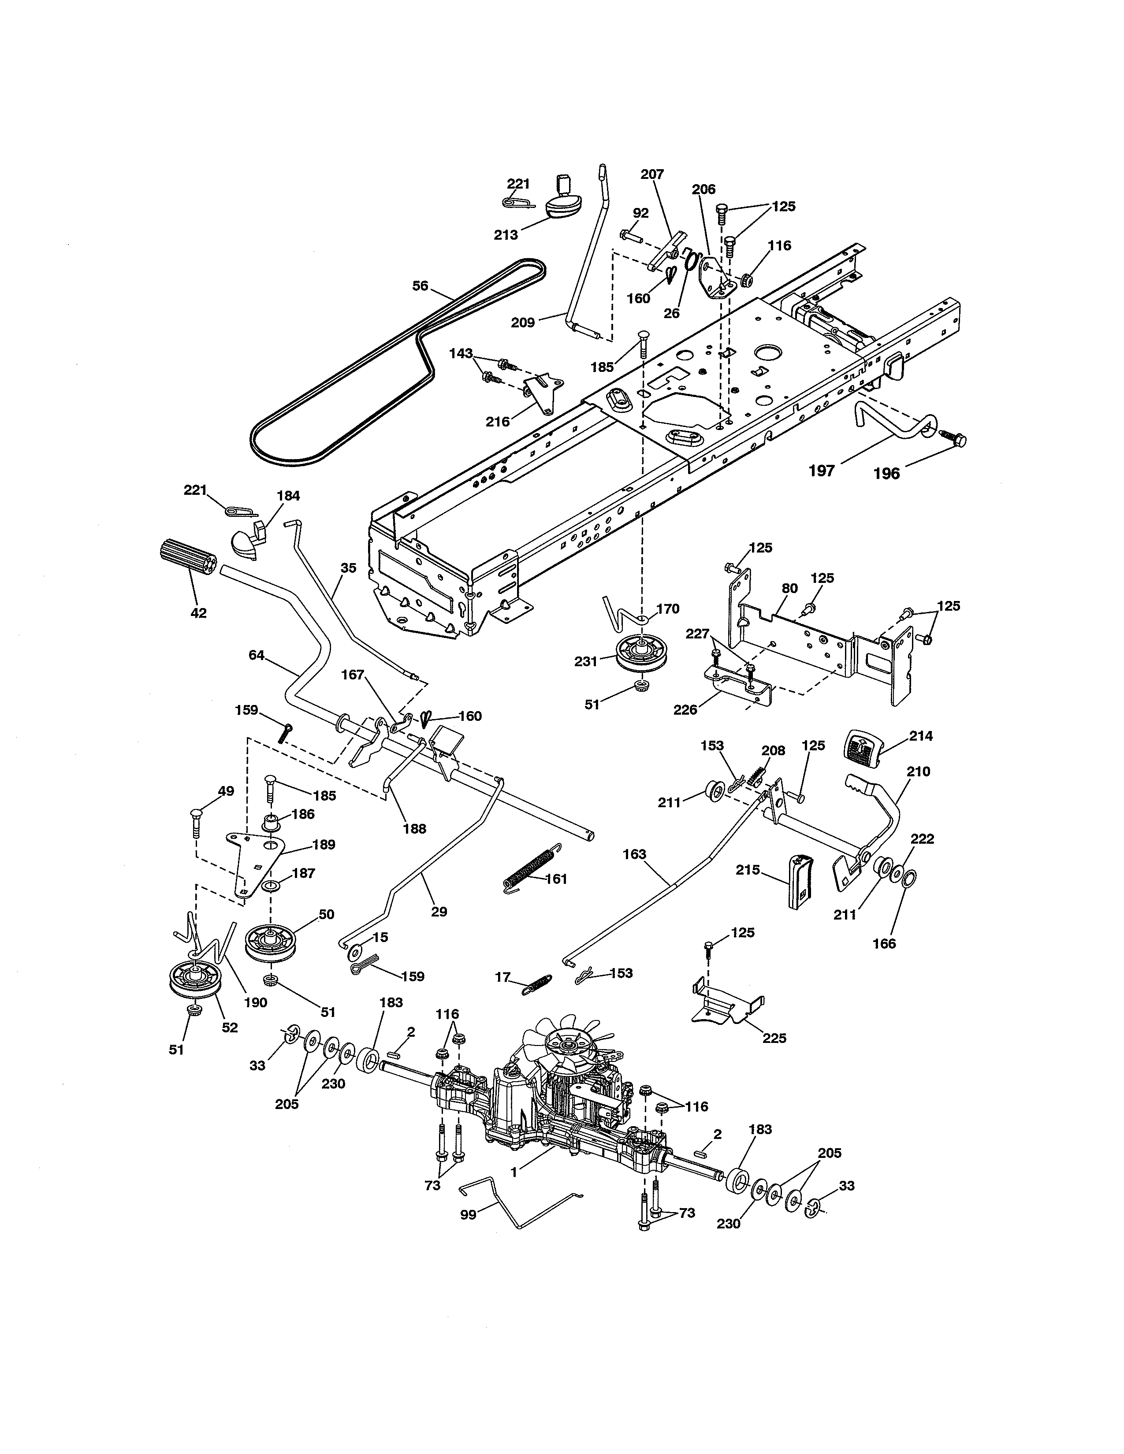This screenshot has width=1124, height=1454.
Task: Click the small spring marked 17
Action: pyautogui.click(x=537, y=983)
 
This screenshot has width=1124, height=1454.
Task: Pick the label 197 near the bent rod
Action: pyautogui.click(x=821, y=471)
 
